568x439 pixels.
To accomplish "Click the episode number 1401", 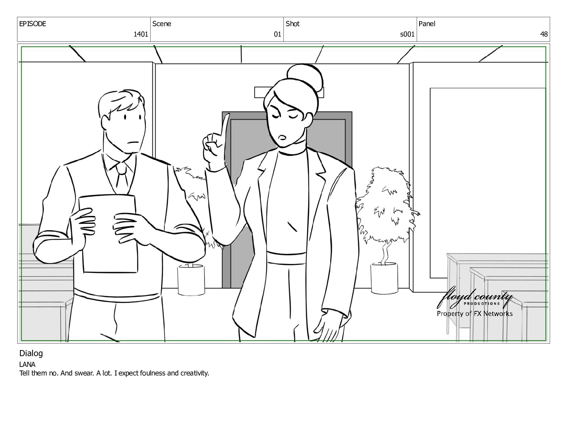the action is pos(141,34).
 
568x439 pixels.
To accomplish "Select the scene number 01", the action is pos(277,34).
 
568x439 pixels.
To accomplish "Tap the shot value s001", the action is pos(407,34).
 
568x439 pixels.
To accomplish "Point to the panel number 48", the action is pos(544,34).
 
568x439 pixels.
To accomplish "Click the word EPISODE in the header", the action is pos(33,24).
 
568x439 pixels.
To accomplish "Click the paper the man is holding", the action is pos(109,233).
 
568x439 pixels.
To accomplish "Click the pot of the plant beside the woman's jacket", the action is pos(384,278).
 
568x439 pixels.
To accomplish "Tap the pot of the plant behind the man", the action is pos(191,280).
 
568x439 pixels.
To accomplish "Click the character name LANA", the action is pos(27,364).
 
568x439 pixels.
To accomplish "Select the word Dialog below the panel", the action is pos(31,354).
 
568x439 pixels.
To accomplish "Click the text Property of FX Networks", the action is pos(474,314).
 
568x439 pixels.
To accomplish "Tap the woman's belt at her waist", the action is pos(286,258).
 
